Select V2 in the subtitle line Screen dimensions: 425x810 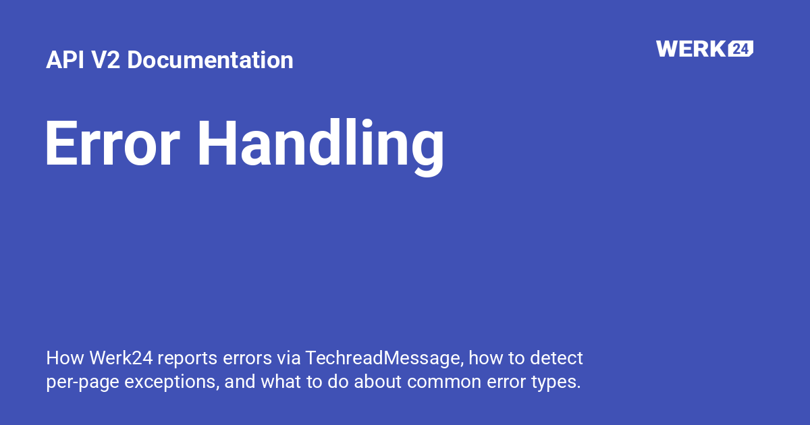click(106, 60)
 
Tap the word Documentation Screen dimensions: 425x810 click(210, 60)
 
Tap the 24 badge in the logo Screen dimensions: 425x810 click(740, 49)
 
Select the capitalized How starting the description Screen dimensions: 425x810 click(61, 358)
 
